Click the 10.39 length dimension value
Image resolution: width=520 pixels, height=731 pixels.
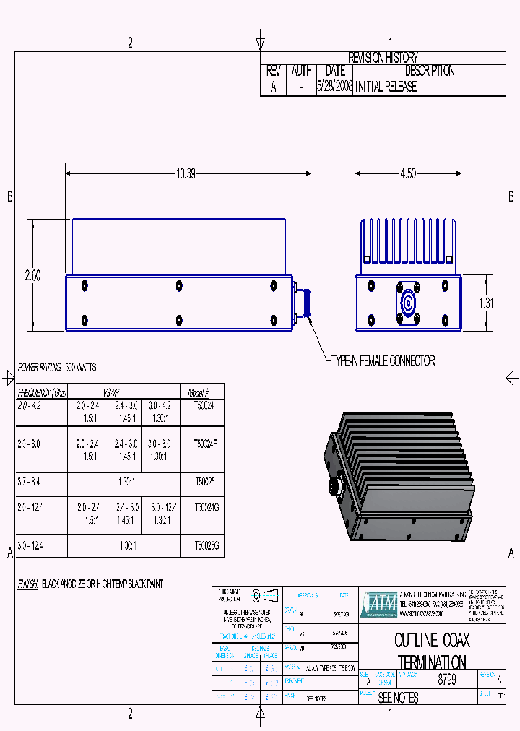point(186,173)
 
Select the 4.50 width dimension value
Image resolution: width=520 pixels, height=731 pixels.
point(408,173)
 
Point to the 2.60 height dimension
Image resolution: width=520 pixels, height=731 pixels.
point(32,275)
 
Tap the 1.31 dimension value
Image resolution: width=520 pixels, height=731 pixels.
point(487,303)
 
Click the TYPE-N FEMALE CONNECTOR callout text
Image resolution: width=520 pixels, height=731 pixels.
point(383,360)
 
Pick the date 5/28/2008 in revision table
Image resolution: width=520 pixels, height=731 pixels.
point(335,87)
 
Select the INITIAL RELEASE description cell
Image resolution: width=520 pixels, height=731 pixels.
point(386,87)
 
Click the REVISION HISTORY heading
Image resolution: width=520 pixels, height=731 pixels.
point(383,58)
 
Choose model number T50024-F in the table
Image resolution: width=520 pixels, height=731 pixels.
point(206,443)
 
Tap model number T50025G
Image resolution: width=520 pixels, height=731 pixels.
point(206,546)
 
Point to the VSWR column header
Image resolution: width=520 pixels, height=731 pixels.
point(116,393)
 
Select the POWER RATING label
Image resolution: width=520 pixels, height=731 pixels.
point(39,368)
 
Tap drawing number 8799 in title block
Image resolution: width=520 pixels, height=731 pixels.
point(447,680)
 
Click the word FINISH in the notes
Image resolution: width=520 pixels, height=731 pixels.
point(27,583)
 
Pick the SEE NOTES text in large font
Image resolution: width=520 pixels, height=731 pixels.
point(399,698)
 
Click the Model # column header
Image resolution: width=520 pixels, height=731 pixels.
point(199,393)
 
